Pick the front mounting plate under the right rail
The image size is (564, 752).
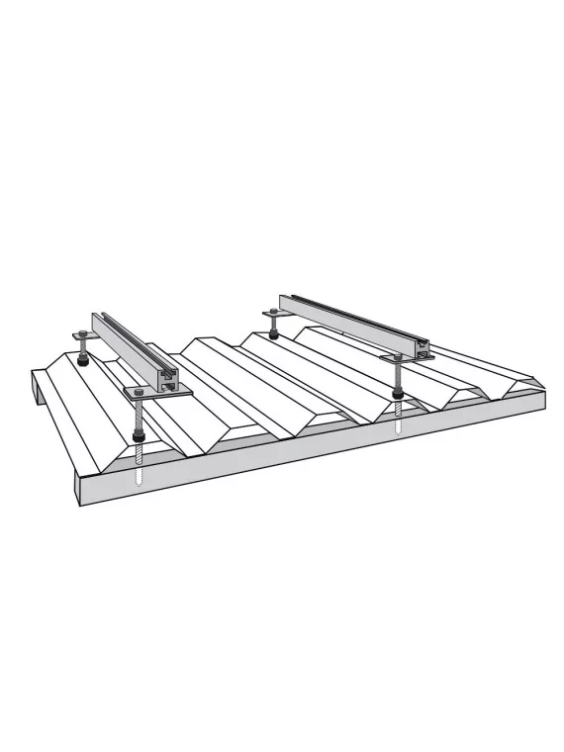[408, 358]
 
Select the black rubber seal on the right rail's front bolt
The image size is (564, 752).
[398, 398]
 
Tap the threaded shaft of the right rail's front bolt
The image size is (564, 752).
[398, 378]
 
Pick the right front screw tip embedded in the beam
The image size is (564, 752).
[398, 426]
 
